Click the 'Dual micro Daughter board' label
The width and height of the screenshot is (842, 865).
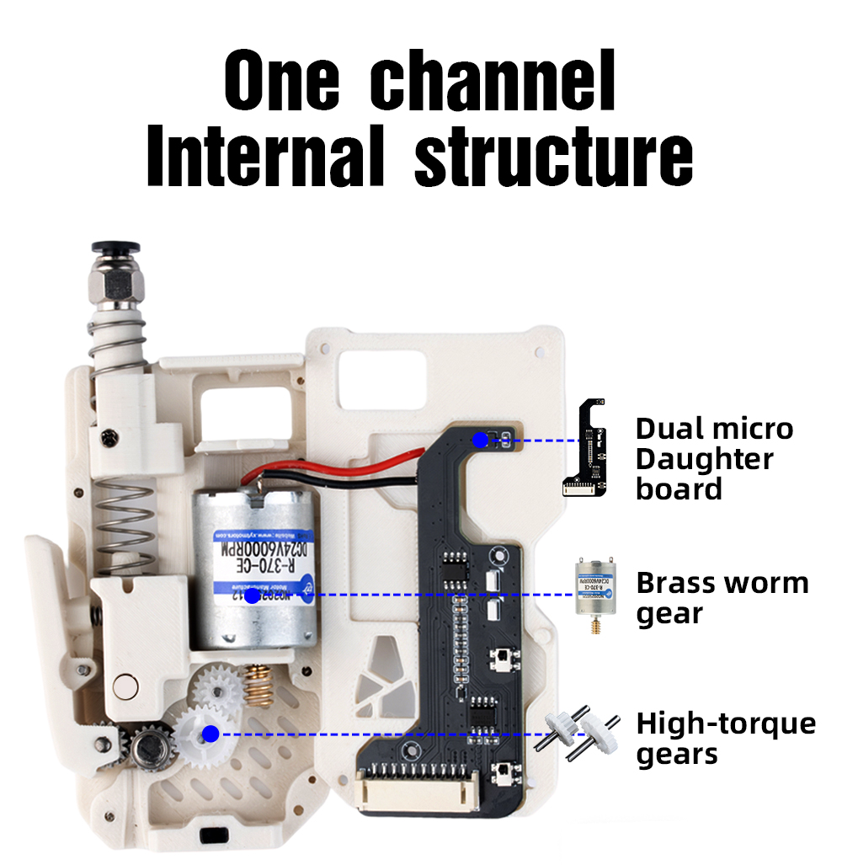pos(714,458)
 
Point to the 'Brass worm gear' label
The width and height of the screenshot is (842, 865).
pos(722,598)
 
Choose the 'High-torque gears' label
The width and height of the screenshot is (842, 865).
pos(726,738)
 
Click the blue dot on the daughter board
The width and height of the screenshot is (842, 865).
pos(480,440)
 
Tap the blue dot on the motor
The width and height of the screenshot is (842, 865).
pos(252,595)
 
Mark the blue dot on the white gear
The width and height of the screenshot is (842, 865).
pos(210,734)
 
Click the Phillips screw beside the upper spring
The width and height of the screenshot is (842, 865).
pos(109,437)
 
